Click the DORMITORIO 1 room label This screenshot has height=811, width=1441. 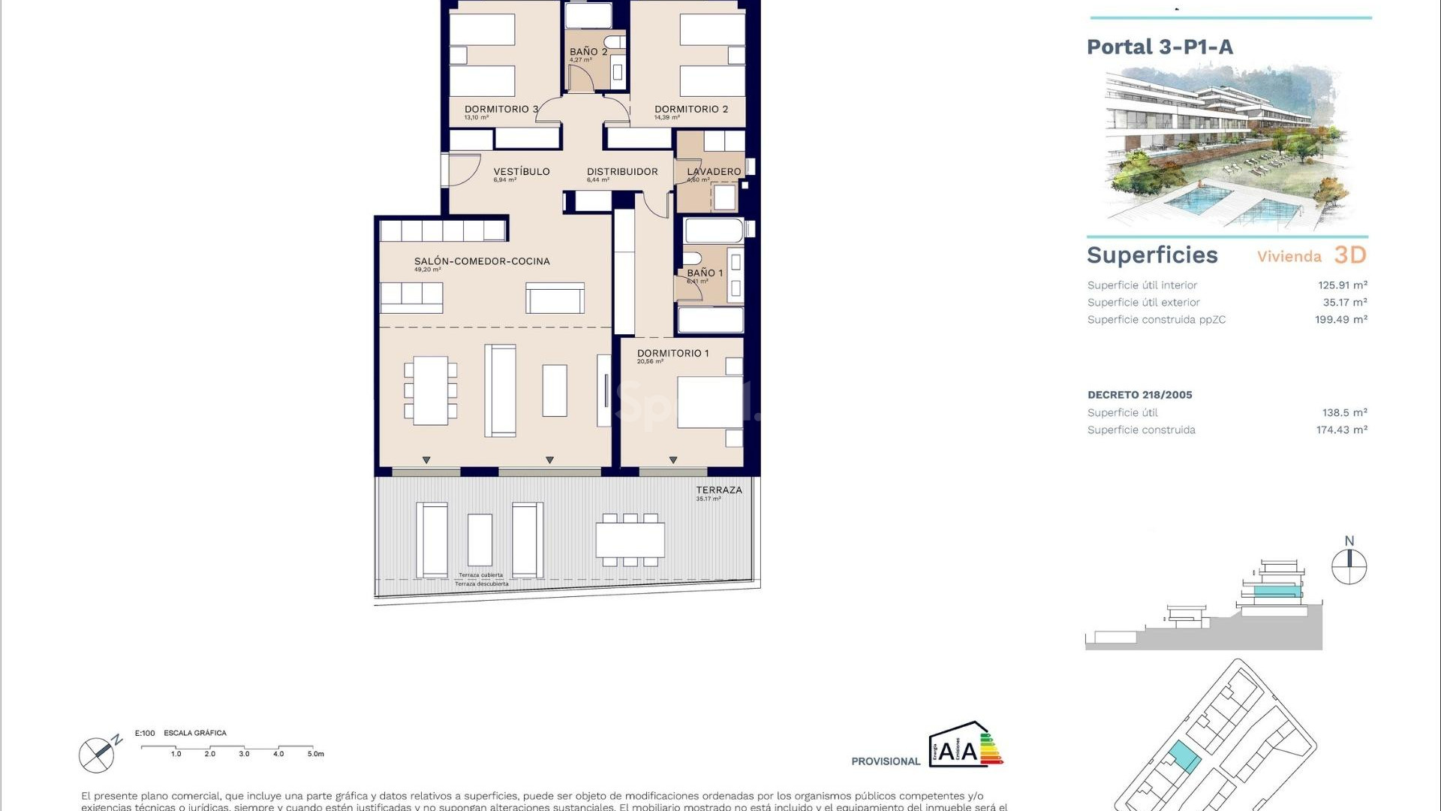672,353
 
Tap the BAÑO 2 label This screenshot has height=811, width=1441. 588,52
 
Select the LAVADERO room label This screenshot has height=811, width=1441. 714,171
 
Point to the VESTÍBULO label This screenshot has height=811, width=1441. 522,171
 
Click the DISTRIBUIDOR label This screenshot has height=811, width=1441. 622,171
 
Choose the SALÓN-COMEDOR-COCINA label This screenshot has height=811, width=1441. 482,261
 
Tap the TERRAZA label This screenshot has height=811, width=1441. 718,490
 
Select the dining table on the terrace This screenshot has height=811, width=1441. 630,540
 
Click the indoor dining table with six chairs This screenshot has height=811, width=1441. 431,390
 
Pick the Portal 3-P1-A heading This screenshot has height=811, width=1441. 1160,47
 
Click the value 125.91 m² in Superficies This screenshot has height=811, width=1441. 1342,285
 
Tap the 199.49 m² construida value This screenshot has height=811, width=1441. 1340,320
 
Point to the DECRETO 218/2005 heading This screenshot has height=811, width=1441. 1139,395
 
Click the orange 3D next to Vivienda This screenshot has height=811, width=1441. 1350,255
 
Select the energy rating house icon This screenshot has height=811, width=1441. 965,745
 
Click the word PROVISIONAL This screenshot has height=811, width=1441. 886,761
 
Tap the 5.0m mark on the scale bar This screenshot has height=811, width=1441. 315,753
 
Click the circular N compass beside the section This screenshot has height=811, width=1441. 1349,566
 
